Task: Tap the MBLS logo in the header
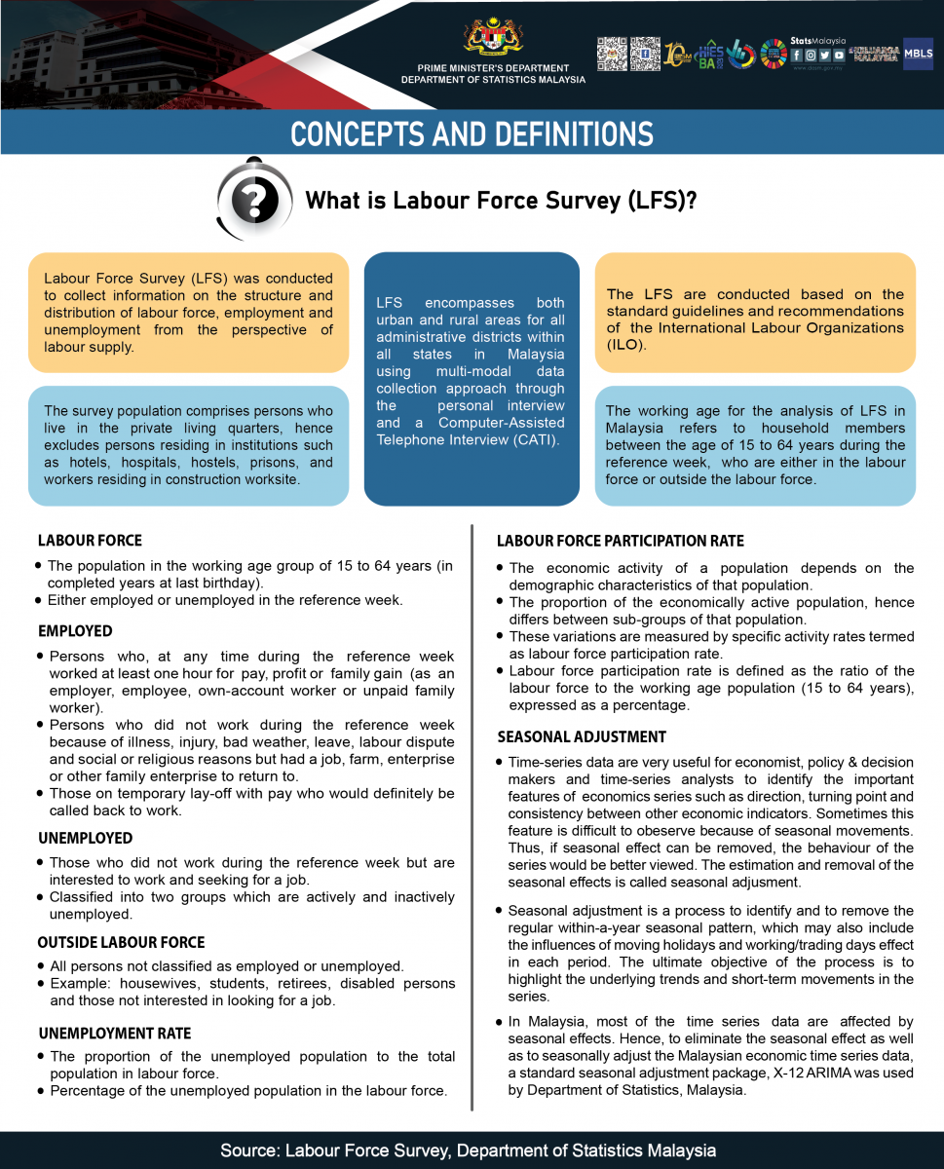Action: pyautogui.click(x=918, y=53)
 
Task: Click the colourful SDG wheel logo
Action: pyautogui.click(x=774, y=54)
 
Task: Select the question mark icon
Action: pyautogui.click(x=254, y=200)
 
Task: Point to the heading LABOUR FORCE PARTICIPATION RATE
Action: pyautogui.click(x=620, y=542)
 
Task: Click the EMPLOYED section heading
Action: pyautogui.click(x=75, y=631)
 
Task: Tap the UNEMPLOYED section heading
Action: pyautogui.click(x=85, y=838)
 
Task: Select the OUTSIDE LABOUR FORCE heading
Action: pyautogui.click(x=121, y=943)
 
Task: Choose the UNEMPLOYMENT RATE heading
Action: pyautogui.click(x=114, y=1034)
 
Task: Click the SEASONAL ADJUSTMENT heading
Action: pyautogui.click(x=582, y=737)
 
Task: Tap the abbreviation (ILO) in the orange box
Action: pyautogui.click(x=625, y=345)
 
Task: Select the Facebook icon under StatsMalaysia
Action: pyautogui.click(x=797, y=56)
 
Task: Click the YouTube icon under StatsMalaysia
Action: pyautogui.click(x=839, y=56)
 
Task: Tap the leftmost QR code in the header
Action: pyautogui.click(x=611, y=53)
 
